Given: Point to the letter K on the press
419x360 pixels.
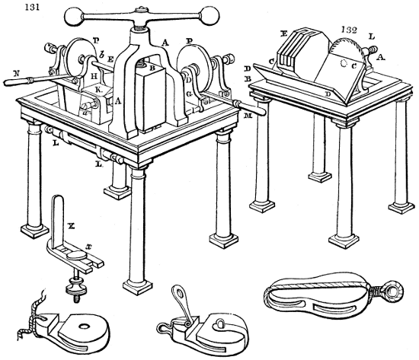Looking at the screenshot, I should coord(97,89).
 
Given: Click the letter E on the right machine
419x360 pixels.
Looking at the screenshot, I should coord(283,34).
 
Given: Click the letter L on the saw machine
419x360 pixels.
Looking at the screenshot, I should coord(370,37).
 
